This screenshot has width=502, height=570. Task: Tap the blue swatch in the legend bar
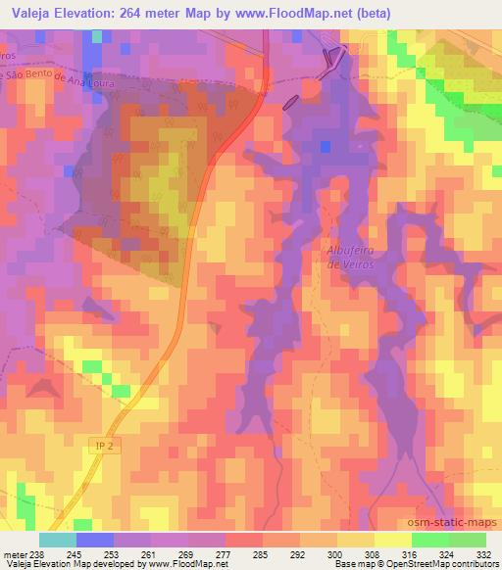(95, 539)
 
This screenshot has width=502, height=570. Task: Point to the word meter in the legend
(12, 552)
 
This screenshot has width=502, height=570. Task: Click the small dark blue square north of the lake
(325, 147)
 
